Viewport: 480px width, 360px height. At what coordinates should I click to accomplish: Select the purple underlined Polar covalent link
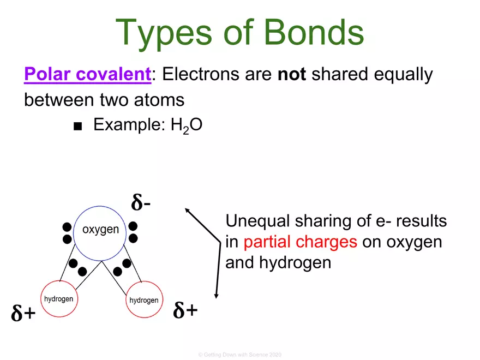click(87, 75)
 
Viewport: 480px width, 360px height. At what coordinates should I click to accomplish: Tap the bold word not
click(292, 75)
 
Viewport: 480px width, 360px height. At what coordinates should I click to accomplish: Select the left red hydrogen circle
click(58, 299)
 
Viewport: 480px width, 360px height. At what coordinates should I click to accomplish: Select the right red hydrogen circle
click(144, 299)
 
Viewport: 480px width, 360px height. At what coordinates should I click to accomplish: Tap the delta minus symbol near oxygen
click(141, 202)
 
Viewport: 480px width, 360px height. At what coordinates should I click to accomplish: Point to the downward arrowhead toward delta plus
click(217, 295)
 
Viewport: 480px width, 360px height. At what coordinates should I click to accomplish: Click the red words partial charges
click(301, 242)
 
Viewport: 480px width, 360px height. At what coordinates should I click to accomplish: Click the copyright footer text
click(239, 355)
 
